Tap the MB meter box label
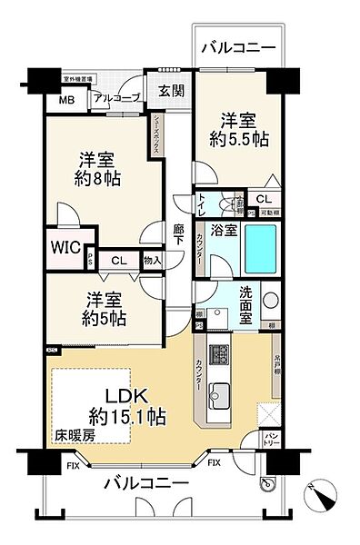(x=67, y=101)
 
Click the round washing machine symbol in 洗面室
(x=270, y=300)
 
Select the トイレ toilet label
(x=203, y=207)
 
